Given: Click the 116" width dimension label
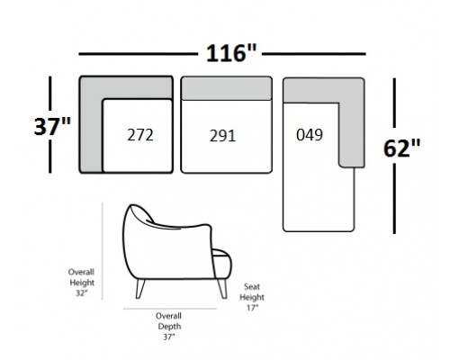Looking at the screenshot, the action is pyautogui.click(x=231, y=53).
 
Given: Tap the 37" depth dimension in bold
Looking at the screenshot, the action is pyautogui.click(x=52, y=126).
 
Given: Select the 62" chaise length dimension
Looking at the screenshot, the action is pyautogui.click(x=401, y=148).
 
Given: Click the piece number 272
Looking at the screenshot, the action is pyautogui.click(x=140, y=135).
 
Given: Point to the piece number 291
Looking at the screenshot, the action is pyautogui.click(x=222, y=136).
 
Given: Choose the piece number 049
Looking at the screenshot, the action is pyautogui.click(x=310, y=135).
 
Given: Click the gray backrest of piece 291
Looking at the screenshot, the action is pyautogui.click(x=227, y=88).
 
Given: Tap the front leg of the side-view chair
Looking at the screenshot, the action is pyautogui.click(x=222, y=289).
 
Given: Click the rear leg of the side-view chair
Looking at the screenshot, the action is pyautogui.click(x=140, y=289).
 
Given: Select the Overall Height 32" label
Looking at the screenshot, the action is pyautogui.click(x=81, y=283).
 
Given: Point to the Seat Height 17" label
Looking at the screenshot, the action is pyautogui.click(x=252, y=297).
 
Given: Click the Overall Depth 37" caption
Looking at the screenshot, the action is pyautogui.click(x=169, y=327).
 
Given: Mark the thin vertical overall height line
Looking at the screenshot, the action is pyautogui.click(x=103, y=251).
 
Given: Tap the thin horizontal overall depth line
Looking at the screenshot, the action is pyautogui.click(x=169, y=309).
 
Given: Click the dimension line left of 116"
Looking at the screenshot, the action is pyautogui.click(x=139, y=54).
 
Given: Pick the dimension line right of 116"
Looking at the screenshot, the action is pyautogui.click(x=314, y=54).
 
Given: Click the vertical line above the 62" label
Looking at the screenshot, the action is pyautogui.click(x=394, y=103).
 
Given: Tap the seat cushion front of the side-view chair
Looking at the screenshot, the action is pyautogui.click(x=222, y=264).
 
